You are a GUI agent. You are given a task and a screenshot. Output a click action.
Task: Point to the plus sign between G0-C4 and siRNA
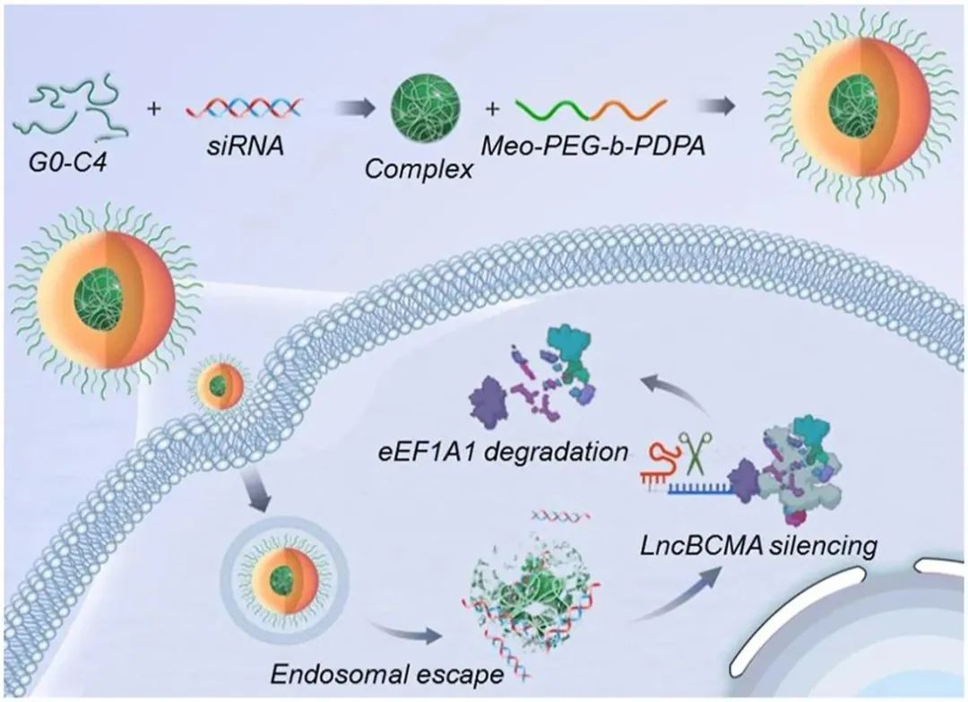[155, 109]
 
